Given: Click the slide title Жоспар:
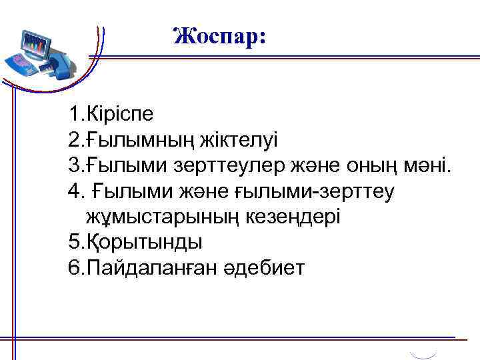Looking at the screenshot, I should pos(219,36).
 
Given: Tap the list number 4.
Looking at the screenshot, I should pos(73,192).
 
